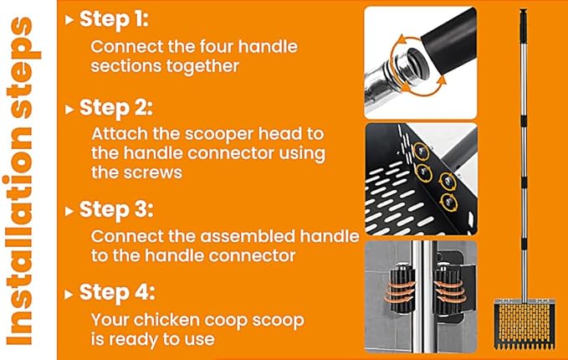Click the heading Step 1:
tap(114, 19)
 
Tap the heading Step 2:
tap(116, 108)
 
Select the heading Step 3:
tap(116, 209)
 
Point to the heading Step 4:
tap(117, 292)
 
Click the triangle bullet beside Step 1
tap(69, 19)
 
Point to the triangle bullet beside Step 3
tap(69, 211)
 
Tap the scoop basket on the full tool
tap(525, 323)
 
